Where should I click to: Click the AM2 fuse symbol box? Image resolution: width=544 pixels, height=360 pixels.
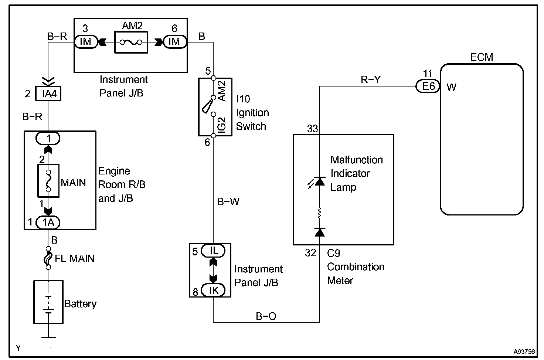pyautogui.click(x=131, y=43)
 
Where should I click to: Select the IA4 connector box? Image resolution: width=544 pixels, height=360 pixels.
pyautogui.click(x=48, y=94)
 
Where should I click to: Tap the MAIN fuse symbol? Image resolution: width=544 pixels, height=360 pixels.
pyautogui.click(x=48, y=181)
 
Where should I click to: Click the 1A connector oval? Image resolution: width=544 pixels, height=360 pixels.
pyautogui.click(x=48, y=222)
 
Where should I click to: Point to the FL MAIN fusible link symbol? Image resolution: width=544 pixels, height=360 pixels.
pyautogui.click(x=48, y=258)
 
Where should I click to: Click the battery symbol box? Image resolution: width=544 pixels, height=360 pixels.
pyautogui.click(x=48, y=302)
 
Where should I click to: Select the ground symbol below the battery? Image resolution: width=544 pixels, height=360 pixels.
pyautogui.click(x=48, y=341)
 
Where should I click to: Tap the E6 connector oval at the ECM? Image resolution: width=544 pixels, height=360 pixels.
pyautogui.click(x=428, y=86)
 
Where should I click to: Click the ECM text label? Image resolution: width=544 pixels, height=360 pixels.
pyautogui.click(x=482, y=57)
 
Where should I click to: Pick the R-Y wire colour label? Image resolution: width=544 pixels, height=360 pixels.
pyautogui.click(x=371, y=79)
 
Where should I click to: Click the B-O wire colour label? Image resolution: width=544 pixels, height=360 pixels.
pyautogui.click(x=266, y=316)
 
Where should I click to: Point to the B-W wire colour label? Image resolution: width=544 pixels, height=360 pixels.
pyautogui.click(x=228, y=201)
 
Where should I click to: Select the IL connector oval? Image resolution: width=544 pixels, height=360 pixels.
pyautogui.click(x=213, y=251)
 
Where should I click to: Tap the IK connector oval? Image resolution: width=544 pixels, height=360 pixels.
pyautogui.click(x=213, y=291)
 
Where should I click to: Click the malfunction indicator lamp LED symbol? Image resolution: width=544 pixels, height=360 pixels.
pyautogui.click(x=319, y=181)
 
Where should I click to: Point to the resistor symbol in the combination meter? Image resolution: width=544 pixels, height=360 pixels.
pyautogui.click(x=320, y=213)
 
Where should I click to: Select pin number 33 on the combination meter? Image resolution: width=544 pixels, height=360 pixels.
pyautogui.click(x=313, y=129)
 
